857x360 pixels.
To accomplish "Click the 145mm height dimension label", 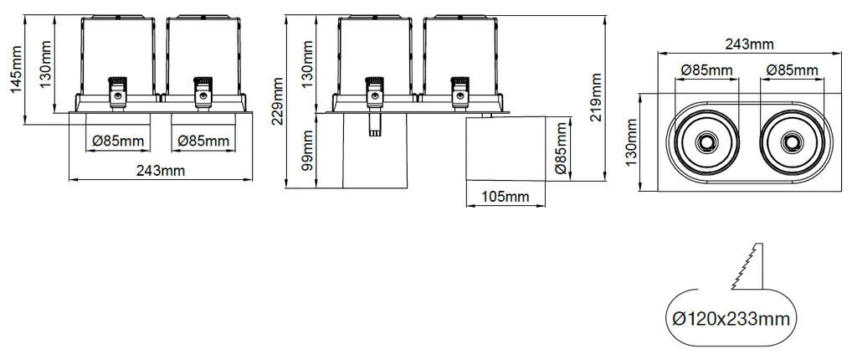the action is click(16, 69).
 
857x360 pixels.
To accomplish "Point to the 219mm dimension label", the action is click(595, 97).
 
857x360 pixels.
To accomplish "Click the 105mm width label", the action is click(505, 197).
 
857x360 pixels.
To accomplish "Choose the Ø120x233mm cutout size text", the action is click(731, 318).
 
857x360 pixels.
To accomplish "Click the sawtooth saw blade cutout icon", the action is click(747, 266).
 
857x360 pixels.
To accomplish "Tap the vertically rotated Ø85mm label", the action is click(560, 149).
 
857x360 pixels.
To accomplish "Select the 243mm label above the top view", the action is click(749, 45).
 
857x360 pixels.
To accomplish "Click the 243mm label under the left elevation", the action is click(161, 171).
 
